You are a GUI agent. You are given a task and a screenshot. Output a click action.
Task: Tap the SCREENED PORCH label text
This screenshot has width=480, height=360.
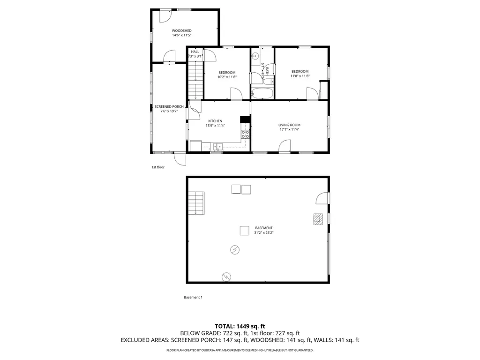169,106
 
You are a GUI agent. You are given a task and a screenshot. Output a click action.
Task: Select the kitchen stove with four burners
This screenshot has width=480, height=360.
245,135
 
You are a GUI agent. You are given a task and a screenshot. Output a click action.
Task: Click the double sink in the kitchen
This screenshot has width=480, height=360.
217,146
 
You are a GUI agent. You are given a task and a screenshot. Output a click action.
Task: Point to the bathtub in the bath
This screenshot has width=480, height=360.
262,93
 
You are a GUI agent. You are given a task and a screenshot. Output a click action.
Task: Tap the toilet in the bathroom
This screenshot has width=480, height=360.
269,81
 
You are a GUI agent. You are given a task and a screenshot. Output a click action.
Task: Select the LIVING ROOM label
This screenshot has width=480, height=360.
289,125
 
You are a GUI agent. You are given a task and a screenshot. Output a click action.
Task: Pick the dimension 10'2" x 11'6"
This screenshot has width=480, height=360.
227,77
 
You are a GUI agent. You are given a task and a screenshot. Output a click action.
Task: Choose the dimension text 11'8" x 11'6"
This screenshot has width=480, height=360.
300,76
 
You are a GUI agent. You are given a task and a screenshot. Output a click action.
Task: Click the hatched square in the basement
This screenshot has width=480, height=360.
319,219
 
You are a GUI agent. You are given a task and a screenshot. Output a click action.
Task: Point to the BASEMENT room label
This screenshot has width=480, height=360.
263,228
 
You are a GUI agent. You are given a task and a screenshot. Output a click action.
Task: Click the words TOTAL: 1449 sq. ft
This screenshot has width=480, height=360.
240,326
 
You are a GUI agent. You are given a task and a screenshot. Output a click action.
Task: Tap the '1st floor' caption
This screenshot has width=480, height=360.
157,167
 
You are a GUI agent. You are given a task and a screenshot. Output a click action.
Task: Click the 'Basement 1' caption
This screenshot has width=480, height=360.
193,297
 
